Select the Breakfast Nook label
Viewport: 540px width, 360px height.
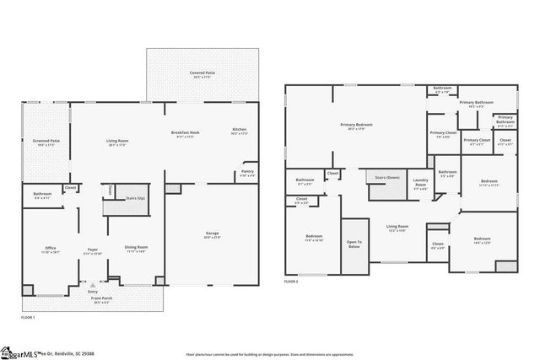(184, 132)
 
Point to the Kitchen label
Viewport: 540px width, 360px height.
(239, 131)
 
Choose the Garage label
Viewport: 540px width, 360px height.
(212, 234)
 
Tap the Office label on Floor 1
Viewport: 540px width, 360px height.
(51, 249)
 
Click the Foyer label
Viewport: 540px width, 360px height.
(91, 250)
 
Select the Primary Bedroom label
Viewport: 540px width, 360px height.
(356, 126)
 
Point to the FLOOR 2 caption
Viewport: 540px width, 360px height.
(292, 280)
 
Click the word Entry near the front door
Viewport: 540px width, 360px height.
(92, 292)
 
